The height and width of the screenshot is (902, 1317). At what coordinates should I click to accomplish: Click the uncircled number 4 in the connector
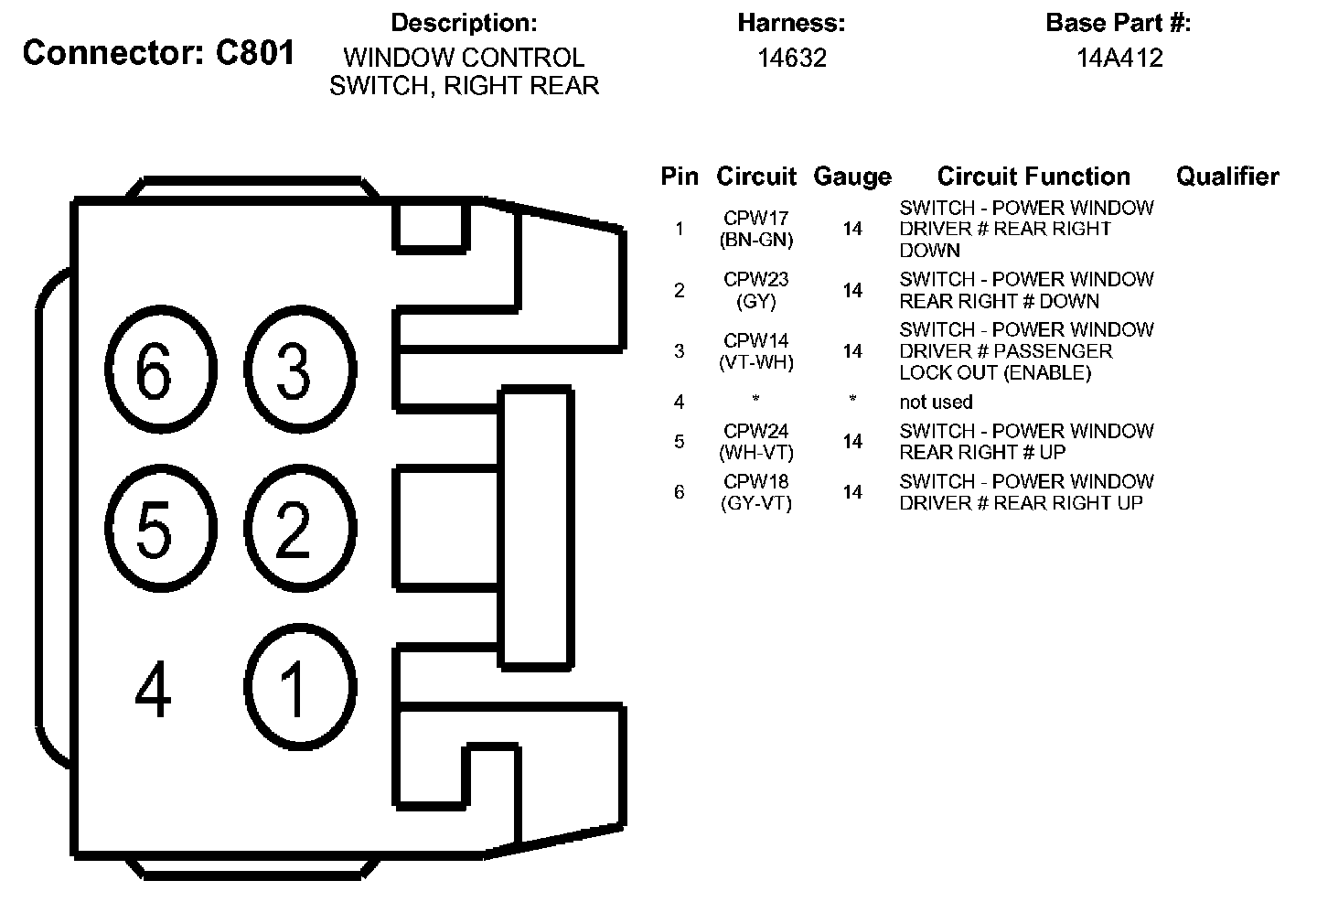pyautogui.click(x=153, y=691)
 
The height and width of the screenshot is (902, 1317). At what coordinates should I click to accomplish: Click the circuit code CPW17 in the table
pyautogui.click(x=755, y=219)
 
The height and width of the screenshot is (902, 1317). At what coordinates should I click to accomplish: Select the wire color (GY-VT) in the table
pyautogui.click(x=755, y=503)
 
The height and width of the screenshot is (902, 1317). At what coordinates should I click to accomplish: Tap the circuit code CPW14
pyautogui.click(x=755, y=341)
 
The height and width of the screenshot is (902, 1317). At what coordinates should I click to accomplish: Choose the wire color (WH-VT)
pyautogui.click(x=755, y=452)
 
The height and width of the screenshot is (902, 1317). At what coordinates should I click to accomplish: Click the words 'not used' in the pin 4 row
pyautogui.click(x=936, y=402)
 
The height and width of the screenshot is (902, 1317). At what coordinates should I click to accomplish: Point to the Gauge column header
pyautogui.click(x=851, y=177)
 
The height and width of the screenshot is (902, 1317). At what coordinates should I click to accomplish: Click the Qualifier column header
pyautogui.click(x=1226, y=177)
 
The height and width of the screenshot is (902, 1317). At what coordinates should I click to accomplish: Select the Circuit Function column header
pyautogui.click(x=1033, y=177)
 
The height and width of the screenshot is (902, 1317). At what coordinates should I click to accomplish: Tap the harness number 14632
pyautogui.click(x=792, y=58)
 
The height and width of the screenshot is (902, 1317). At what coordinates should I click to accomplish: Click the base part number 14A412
pyautogui.click(x=1119, y=58)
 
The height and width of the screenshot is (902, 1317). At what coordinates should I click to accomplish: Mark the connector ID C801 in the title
pyautogui.click(x=255, y=52)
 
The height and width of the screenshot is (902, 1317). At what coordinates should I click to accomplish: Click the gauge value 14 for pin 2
pyautogui.click(x=852, y=290)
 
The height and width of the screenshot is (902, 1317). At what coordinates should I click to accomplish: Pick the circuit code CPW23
pyautogui.click(x=755, y=279)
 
